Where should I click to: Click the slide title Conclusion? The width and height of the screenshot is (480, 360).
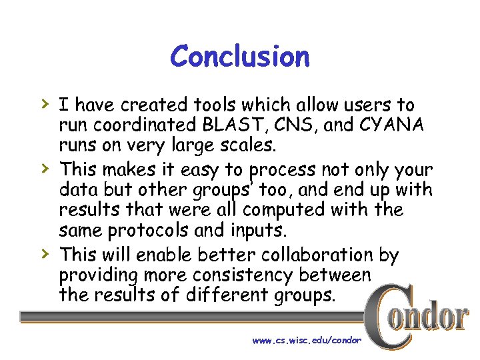tap(240, 57)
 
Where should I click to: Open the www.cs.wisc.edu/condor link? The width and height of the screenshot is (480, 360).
tap(307, 340)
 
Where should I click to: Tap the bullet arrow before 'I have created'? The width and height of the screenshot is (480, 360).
tap(44, 103)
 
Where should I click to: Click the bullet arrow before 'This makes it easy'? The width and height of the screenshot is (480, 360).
tap(44, 169)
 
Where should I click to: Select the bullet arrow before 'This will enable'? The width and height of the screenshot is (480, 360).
tap(44, 253)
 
